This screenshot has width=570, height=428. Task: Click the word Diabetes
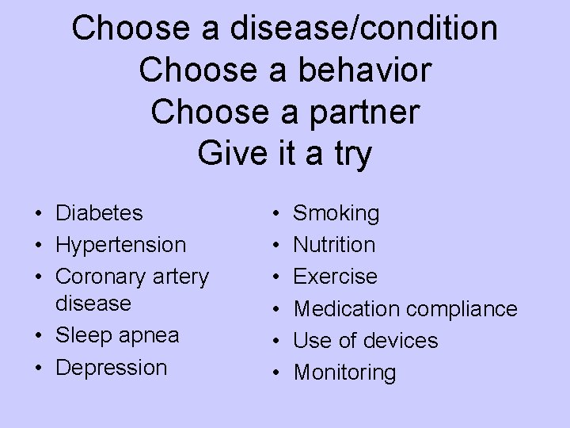click(x=99, y=213)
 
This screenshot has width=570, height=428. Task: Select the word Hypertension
click(x=120, y=246)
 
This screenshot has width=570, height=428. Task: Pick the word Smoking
click(x=336, y=213)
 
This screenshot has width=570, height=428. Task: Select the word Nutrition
click(x=334, y=245)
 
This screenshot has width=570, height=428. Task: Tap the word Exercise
click(x=336, y=277)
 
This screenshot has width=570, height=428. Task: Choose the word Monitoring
click(x=344, y=373)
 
